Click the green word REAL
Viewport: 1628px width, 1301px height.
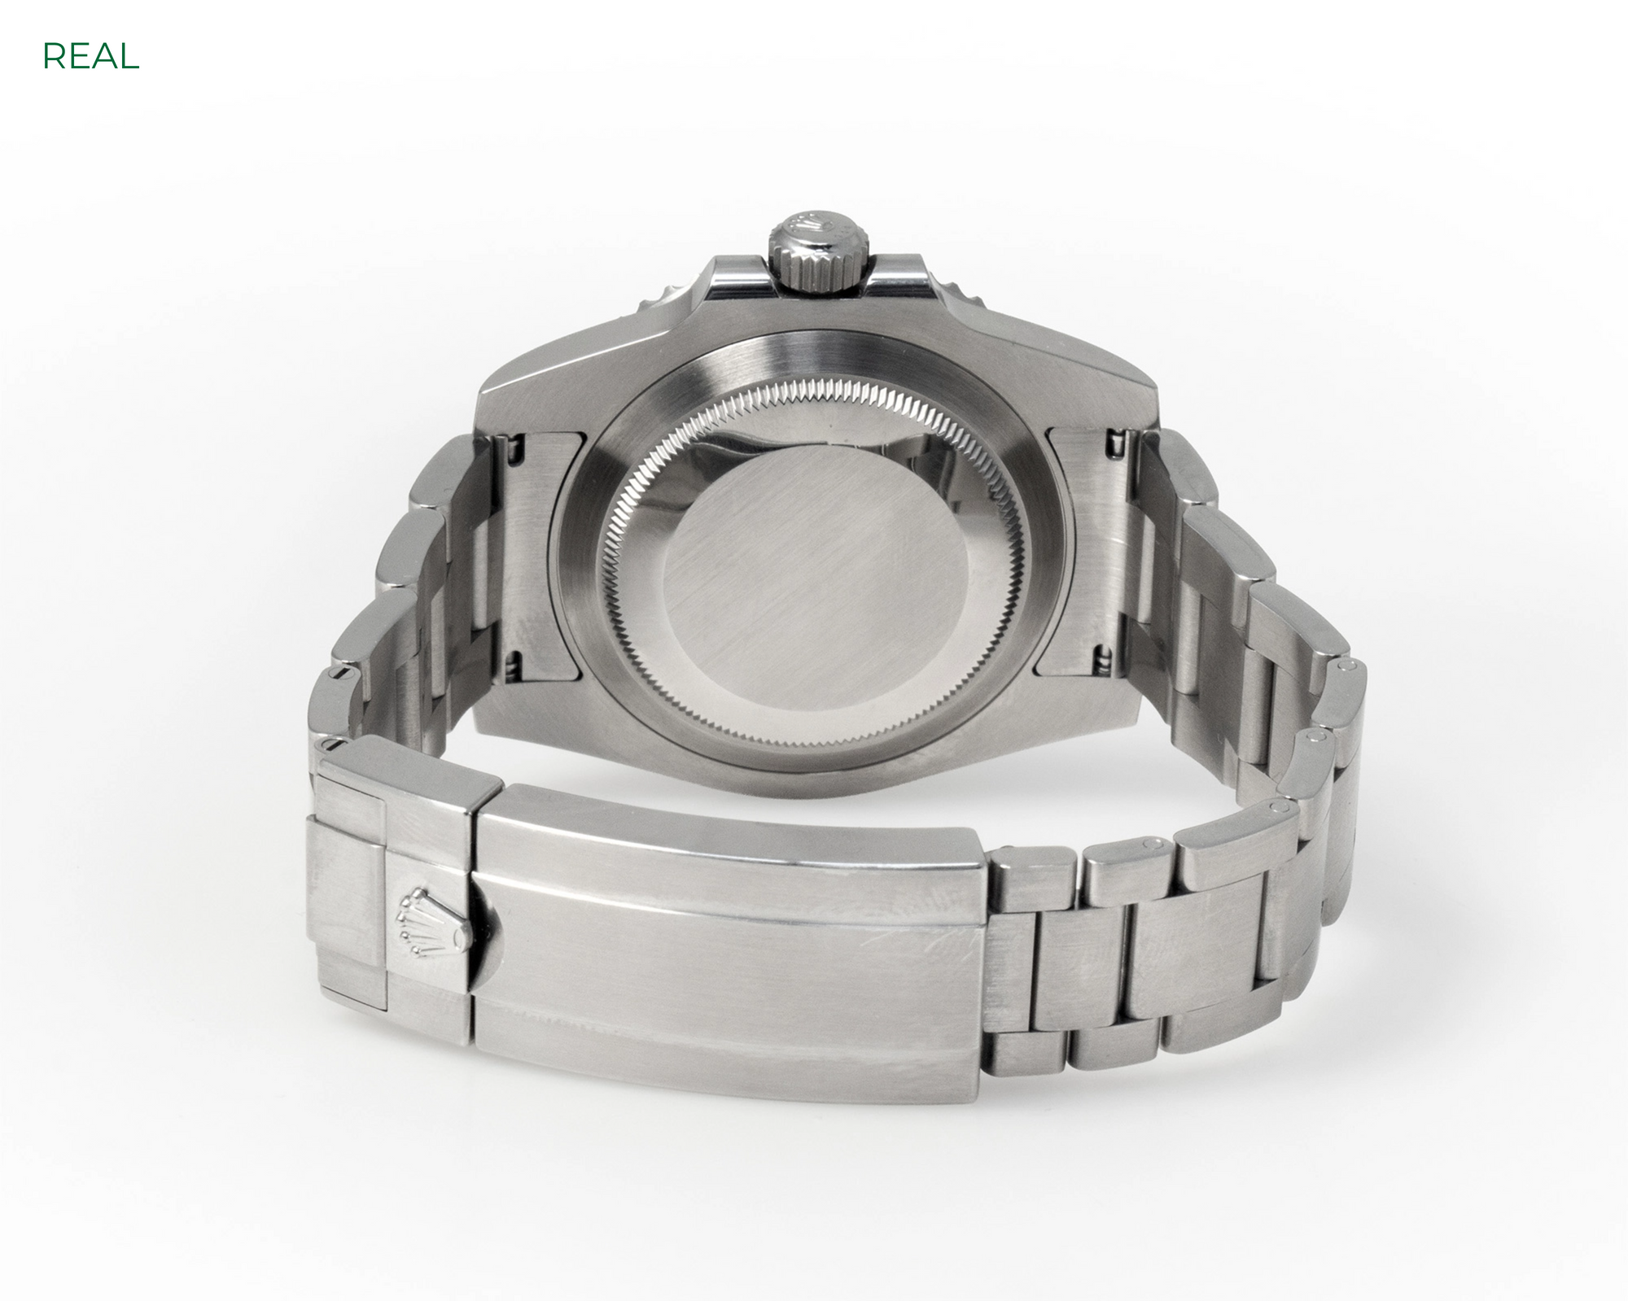(x=90, y=56)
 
